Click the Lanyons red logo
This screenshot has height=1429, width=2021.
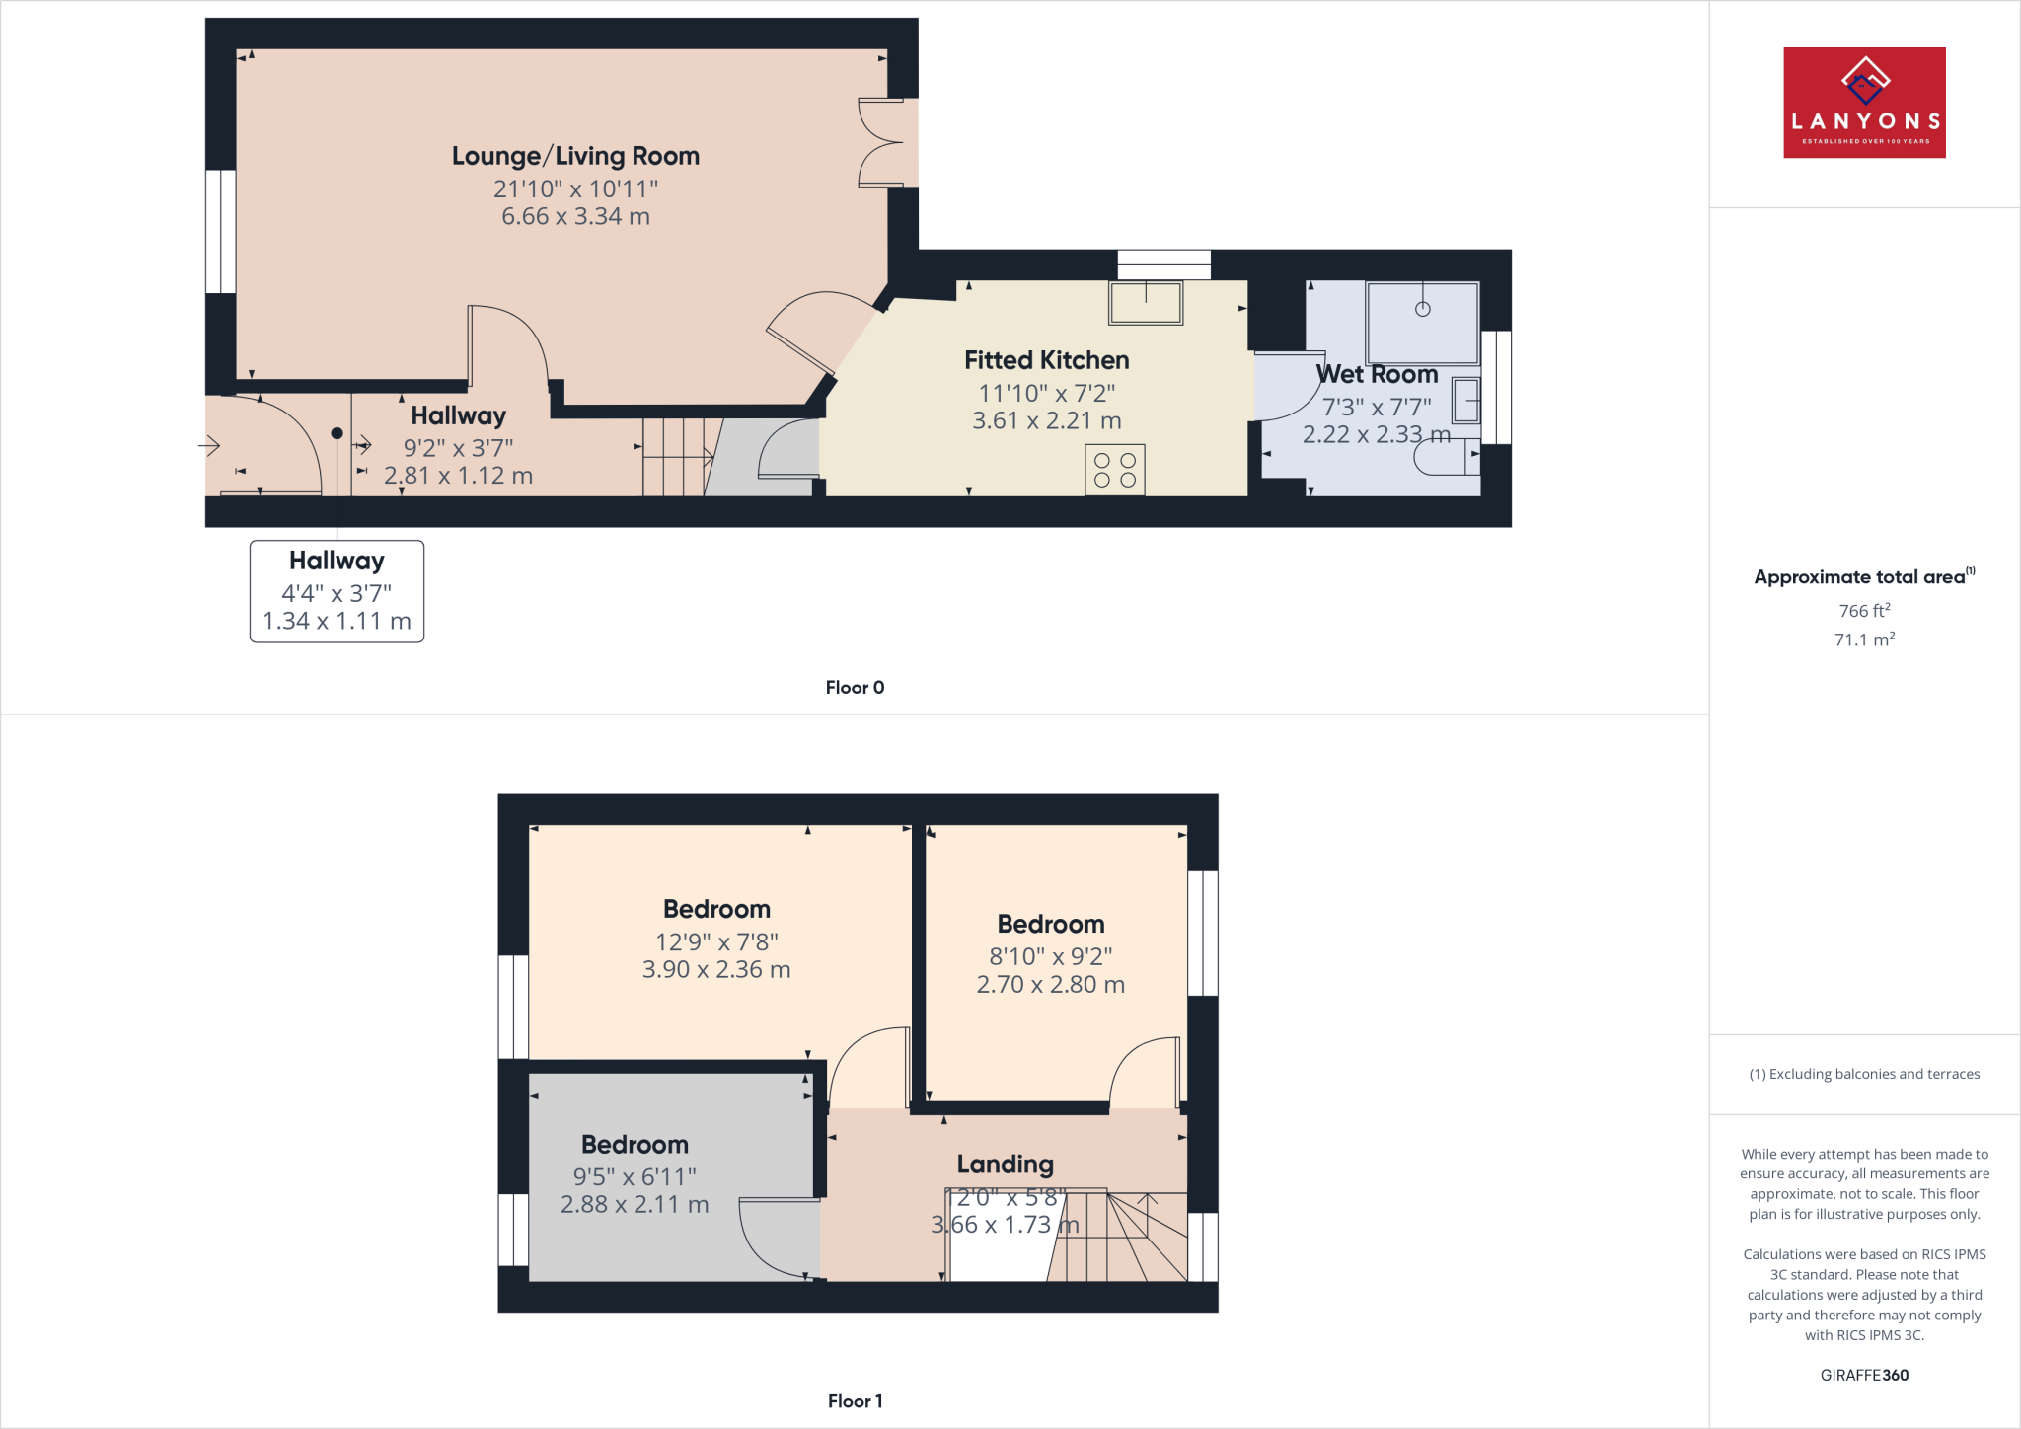(1864, 103)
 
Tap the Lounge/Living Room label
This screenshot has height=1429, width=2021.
(575, 156)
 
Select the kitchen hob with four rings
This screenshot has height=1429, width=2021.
(1115, 470)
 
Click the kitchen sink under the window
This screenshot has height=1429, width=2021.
(1146, 303)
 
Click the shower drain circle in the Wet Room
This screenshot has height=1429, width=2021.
(1422, 309)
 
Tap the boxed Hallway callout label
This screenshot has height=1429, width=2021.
(337, 590)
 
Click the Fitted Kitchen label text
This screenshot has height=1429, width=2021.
(1046, 360)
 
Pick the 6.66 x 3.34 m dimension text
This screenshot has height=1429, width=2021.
(575, 216)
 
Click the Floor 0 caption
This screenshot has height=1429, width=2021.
(855, 688)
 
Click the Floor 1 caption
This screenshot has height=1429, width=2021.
(855, 1401)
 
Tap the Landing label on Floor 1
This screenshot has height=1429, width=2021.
(1005, 1165)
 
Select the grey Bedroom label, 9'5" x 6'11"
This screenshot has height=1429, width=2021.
(635, 1145)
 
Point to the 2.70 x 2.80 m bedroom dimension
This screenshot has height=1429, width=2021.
(1050, 984)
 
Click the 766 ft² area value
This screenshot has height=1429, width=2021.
(1864, 611)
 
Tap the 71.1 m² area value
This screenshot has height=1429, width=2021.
(1864, 639)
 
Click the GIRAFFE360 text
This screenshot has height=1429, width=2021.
(1864, 1375)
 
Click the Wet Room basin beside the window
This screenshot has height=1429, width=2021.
(1465, 401)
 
